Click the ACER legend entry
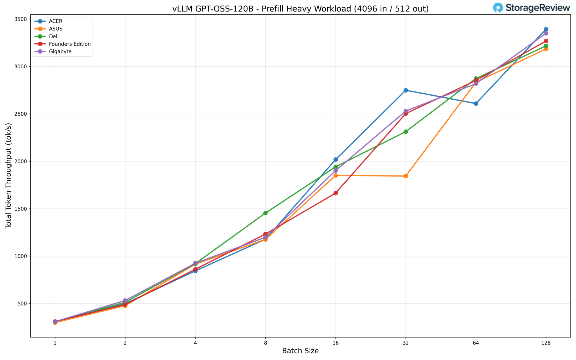point(56,21)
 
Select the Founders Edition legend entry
point(70,44)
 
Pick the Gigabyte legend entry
point(60,52)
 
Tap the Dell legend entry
point(54,37)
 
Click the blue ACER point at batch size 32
point(406,90)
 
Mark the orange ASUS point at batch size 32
point(406,176)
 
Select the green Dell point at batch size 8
point(265,213)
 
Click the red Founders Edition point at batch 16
point(336,193)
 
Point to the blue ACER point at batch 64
point(476,103)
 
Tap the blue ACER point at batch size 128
point(546,29)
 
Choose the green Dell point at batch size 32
point(406,132)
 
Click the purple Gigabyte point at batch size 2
point(125,301)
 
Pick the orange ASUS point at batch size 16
point(336,175)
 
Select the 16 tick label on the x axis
point(336,343)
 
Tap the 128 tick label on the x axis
point(546,343)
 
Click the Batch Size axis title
point(300,351)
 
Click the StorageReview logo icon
point(498,8)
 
